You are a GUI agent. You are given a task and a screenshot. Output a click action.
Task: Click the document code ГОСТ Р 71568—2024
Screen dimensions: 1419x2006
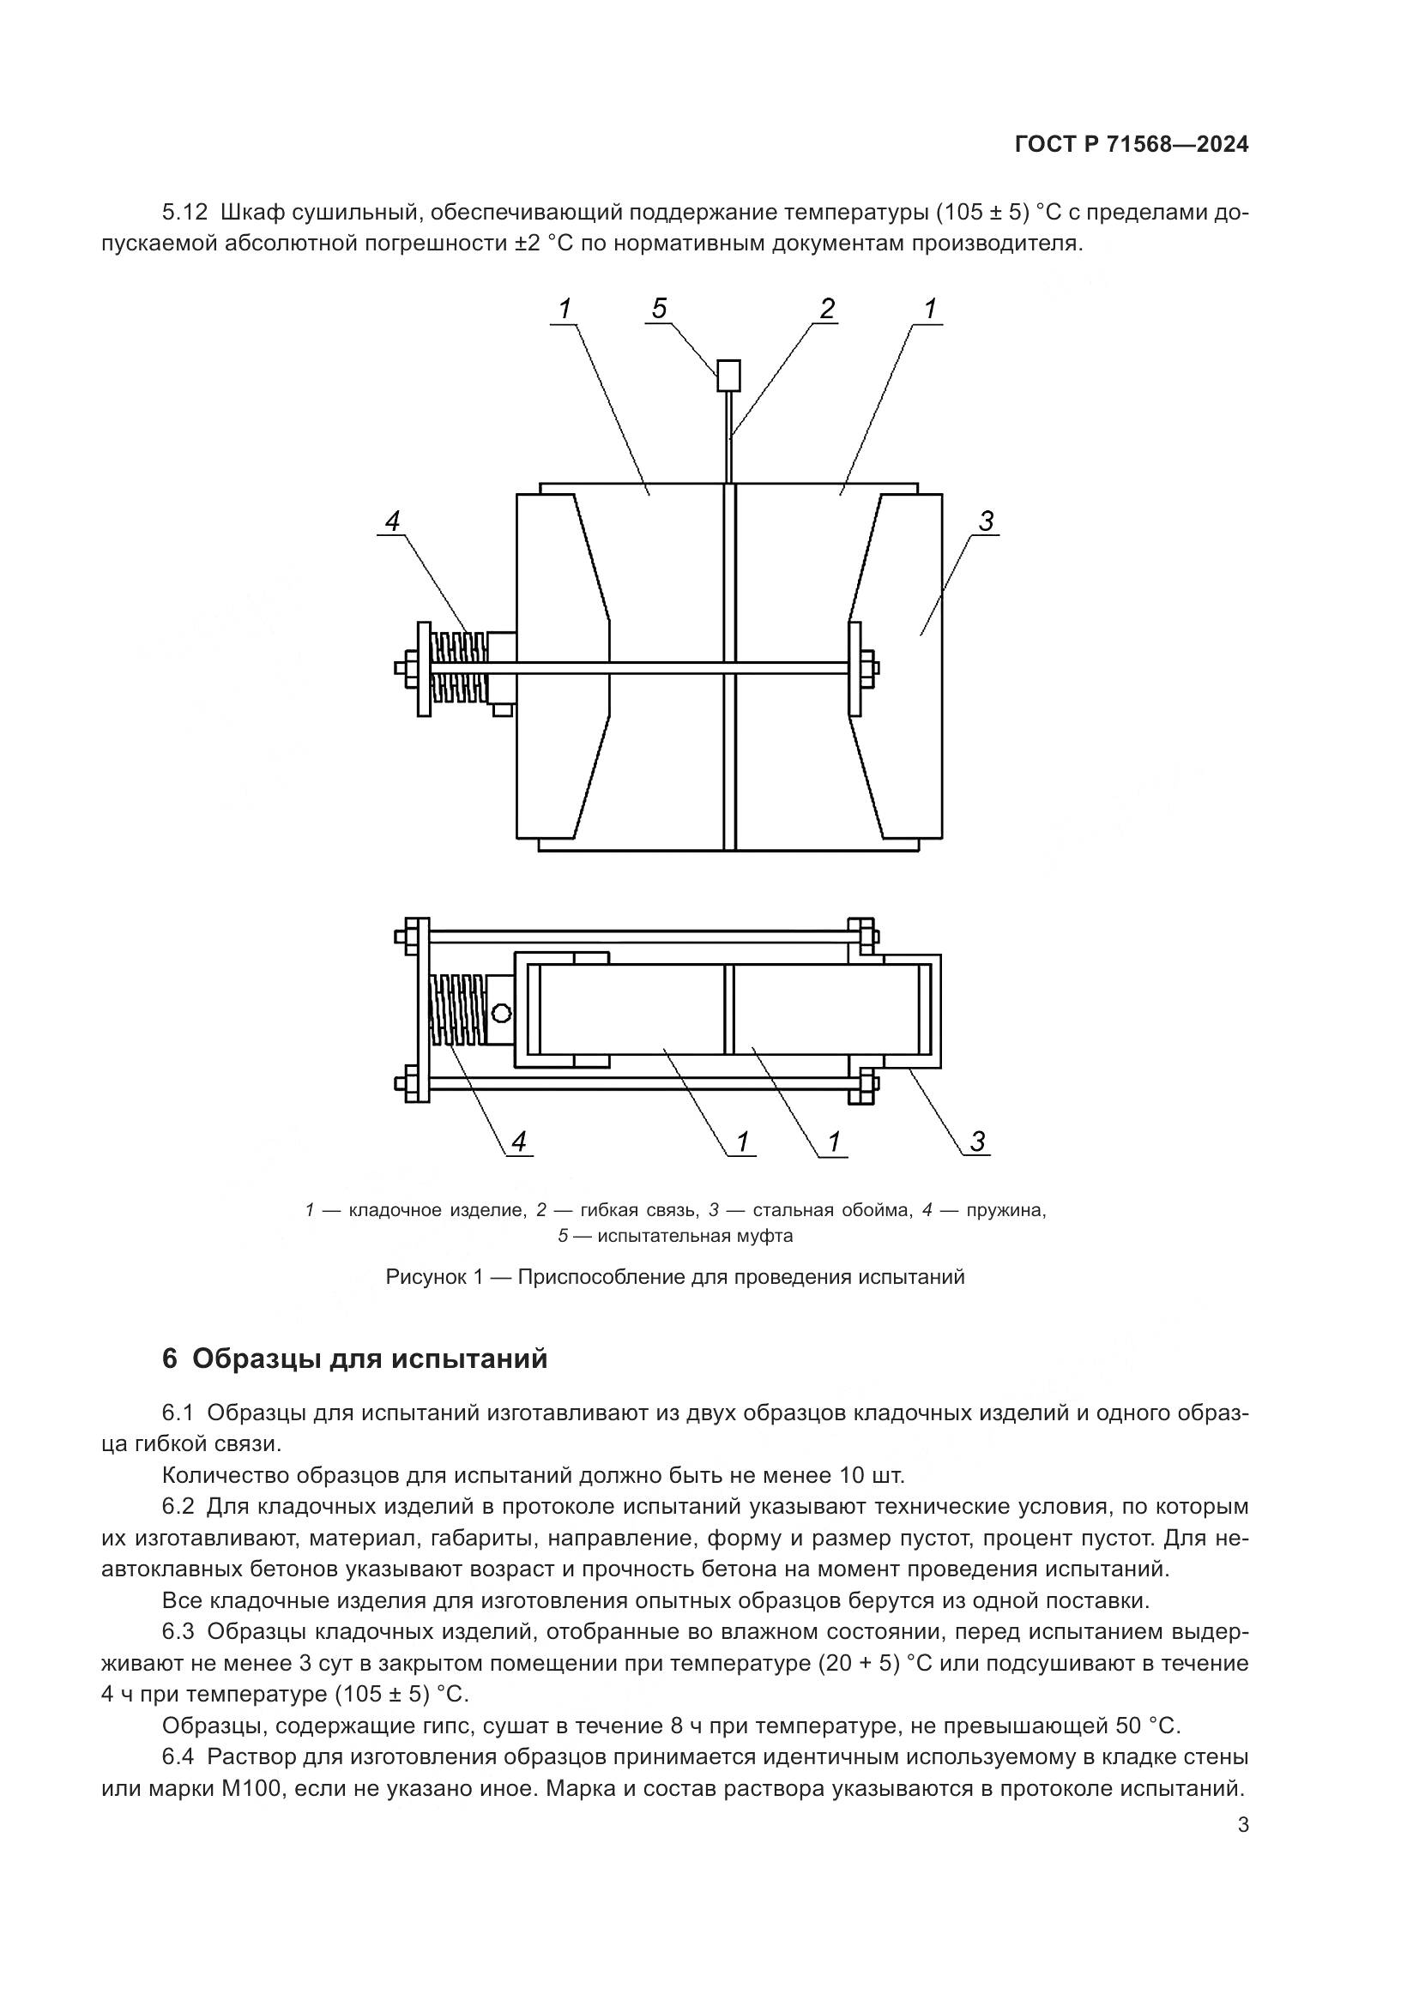point(1132,144)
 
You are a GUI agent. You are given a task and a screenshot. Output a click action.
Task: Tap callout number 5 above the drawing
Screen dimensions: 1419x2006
point(660,308)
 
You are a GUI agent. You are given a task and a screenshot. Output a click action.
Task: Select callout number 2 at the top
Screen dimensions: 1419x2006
point(826,308)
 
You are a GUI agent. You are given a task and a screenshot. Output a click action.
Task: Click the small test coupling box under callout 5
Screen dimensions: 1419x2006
point(728,376)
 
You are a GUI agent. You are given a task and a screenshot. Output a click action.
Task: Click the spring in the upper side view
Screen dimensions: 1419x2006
point(460,669)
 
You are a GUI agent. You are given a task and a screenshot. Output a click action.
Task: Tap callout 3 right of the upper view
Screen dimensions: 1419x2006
point(986,521)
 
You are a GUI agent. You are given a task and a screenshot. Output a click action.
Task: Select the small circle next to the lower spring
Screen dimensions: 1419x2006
point(502,1014)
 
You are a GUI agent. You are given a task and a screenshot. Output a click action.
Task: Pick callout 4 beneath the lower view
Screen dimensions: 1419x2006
point(520,1141)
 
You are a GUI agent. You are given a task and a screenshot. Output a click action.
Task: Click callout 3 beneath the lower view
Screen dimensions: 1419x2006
point(978,1141)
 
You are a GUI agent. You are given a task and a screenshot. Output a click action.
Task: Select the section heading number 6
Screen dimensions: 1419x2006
point(170,1359)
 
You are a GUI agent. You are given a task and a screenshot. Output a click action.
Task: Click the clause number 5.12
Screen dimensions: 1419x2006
point(185,213)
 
